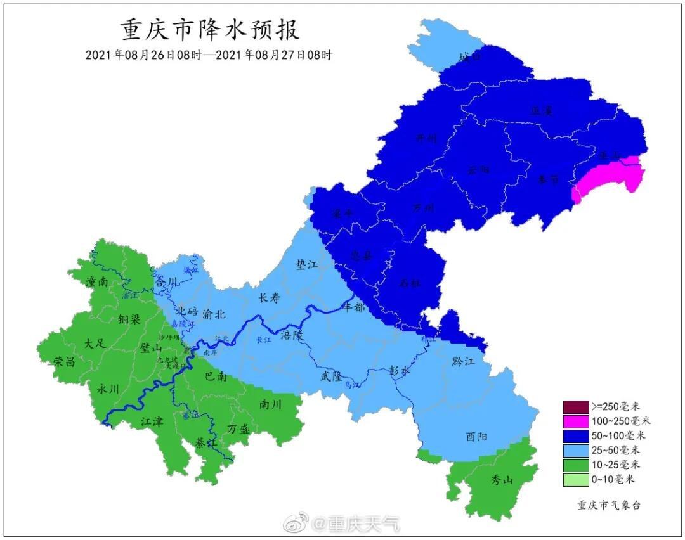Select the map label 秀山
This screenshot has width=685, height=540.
click(x=502, y=480)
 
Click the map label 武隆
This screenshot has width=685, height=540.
click(x=333, y=376)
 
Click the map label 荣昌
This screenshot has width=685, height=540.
click(x=65, y=362)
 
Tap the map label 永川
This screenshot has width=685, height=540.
click(x=108, y=389)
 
